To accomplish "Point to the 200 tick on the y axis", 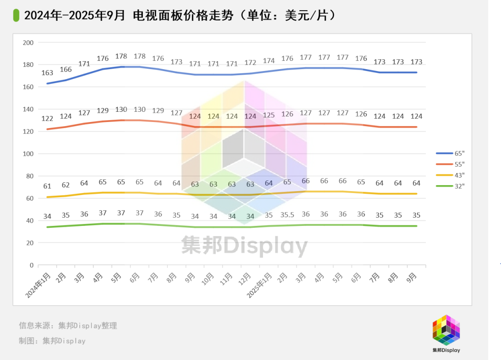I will (29, 43).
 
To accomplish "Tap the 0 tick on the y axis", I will (32, 265).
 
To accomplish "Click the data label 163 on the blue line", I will (47, 73).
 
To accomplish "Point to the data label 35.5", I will (287, 215).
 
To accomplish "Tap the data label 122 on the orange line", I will (47, 118).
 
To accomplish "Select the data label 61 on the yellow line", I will (47, 186).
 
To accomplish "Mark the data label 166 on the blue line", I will (65, 70).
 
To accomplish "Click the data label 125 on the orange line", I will (269, 115).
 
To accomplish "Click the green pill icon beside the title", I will (17, 15).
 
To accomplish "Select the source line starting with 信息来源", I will (68, 326).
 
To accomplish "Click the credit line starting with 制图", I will (52, 341).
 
